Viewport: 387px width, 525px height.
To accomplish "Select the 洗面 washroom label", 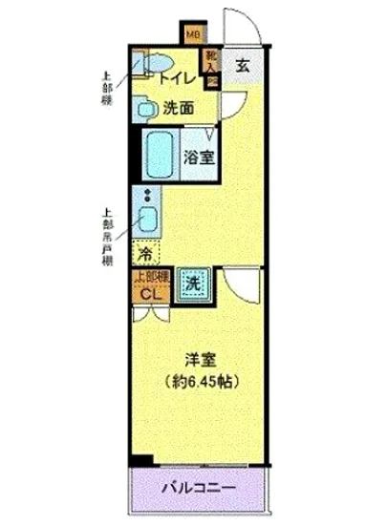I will [179, 108].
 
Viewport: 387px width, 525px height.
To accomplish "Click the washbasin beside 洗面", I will [146, 109].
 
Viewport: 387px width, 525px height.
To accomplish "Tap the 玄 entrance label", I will [244, 67].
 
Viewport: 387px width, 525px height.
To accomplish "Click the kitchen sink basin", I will [148, 222].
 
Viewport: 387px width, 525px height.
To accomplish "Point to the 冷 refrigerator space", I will [145, 254].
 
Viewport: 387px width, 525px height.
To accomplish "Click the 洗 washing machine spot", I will [191, 283].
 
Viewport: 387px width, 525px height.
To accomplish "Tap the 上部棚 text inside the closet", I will [151, 276].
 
